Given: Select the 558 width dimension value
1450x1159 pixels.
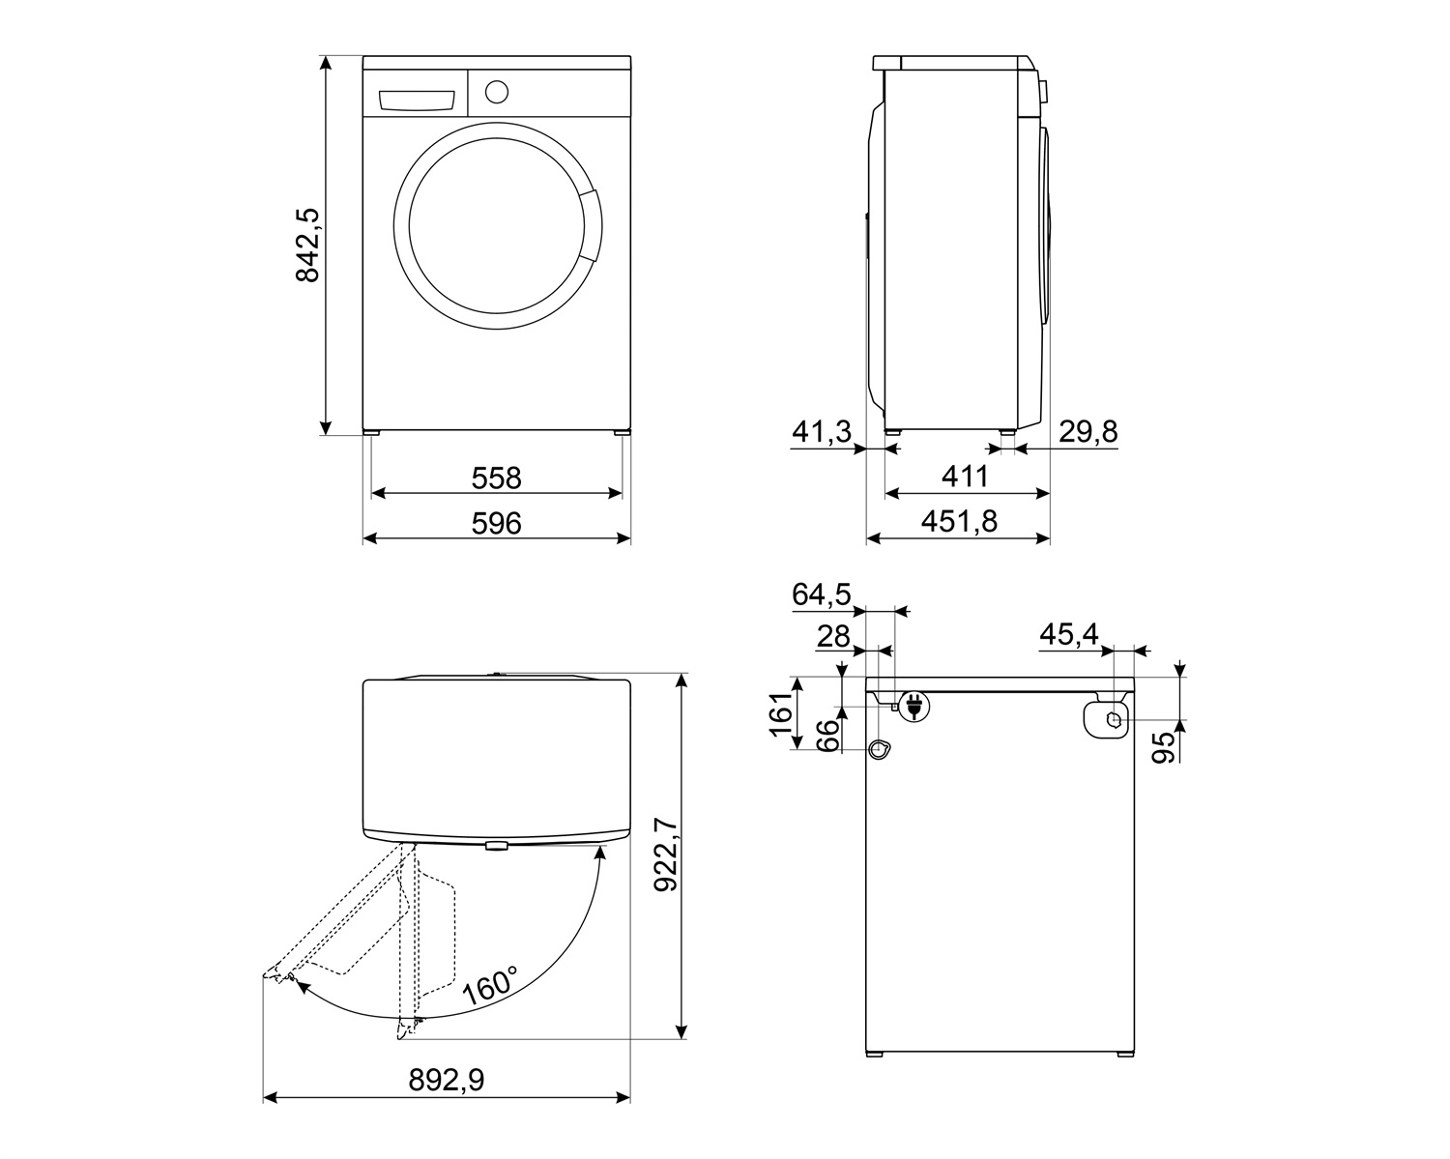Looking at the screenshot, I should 496,478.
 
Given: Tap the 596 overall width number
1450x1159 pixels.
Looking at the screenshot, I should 496,523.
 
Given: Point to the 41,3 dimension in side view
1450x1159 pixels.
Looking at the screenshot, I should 821,432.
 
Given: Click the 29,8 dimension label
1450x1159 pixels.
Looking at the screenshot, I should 1087,432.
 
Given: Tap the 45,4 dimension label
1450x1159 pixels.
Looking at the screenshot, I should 1068,635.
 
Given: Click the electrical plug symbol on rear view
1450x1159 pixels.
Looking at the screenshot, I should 913,707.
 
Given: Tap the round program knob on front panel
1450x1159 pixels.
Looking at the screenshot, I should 496,92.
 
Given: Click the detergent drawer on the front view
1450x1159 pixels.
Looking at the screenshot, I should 417,101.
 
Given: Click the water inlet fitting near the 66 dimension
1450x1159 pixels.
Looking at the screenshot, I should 878,750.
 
